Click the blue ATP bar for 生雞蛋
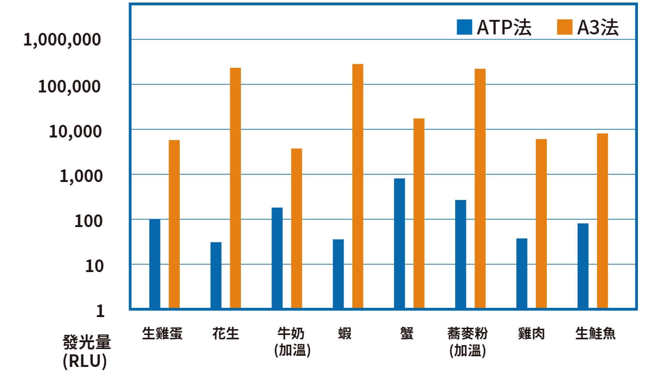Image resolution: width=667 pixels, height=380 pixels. tap(155, 264)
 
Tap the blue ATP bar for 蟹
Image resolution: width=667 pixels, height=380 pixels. tap(399, 243)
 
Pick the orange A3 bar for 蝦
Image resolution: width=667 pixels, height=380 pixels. tap(358, 186)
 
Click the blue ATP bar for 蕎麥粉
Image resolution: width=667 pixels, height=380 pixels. tap(461, 254)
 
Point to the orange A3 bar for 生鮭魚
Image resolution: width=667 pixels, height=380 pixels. tap(603, 221)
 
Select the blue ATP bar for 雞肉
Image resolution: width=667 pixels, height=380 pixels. tap(522, 274)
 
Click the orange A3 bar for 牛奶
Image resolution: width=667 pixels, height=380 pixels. tap(297, 228)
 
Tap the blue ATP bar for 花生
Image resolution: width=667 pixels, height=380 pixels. tap(216, 275)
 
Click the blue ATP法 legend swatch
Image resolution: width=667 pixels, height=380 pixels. tap(464, 28)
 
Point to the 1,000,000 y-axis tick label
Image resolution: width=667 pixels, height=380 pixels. tap(63, 40)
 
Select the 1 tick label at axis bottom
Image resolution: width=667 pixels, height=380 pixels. tap(100, 311)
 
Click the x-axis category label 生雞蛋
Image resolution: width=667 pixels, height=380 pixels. tap(162, 334)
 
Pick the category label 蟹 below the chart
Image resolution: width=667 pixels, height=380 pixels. tap(407, 334)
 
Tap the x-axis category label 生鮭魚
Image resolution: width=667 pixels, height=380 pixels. tap(595, 334)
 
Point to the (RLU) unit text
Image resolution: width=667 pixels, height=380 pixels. tap(85, 363)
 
